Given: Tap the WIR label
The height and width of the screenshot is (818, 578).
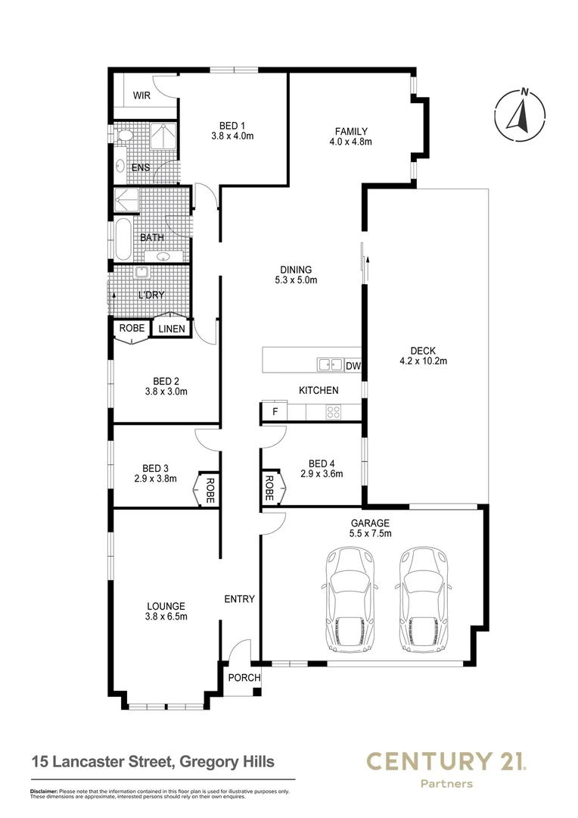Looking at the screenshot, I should click(142, 95).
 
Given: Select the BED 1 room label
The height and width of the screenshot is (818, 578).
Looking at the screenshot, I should click(232, 125).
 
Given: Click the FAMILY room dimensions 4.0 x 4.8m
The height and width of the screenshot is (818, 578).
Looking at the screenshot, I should click(351, 142).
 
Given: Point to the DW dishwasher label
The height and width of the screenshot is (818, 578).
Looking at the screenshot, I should click(353, 367).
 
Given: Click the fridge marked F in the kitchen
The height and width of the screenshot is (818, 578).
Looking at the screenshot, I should click(275, 412).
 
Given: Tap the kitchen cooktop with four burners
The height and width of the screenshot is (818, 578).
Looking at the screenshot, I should click(333, 412).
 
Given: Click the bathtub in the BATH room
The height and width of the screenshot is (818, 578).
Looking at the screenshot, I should click(123, 239).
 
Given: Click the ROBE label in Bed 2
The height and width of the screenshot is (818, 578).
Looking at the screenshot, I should click(131, 329).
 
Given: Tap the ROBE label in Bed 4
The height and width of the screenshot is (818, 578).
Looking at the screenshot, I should click(269, 489).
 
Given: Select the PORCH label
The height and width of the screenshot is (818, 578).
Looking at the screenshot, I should click(244, 677).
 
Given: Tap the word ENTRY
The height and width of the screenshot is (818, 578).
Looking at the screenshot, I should click(240, 599).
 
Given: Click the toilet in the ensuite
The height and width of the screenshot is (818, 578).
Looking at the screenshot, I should click(124, 136).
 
